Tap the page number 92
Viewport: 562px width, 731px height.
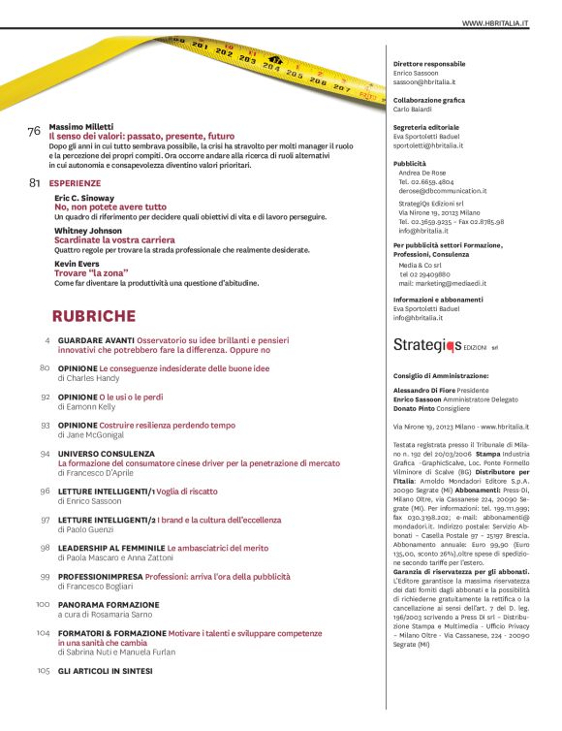click(46, 397)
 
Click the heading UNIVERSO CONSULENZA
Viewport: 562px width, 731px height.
click(107, 453)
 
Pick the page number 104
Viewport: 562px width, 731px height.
click(44, 632)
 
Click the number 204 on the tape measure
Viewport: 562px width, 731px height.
click(270, 70)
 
